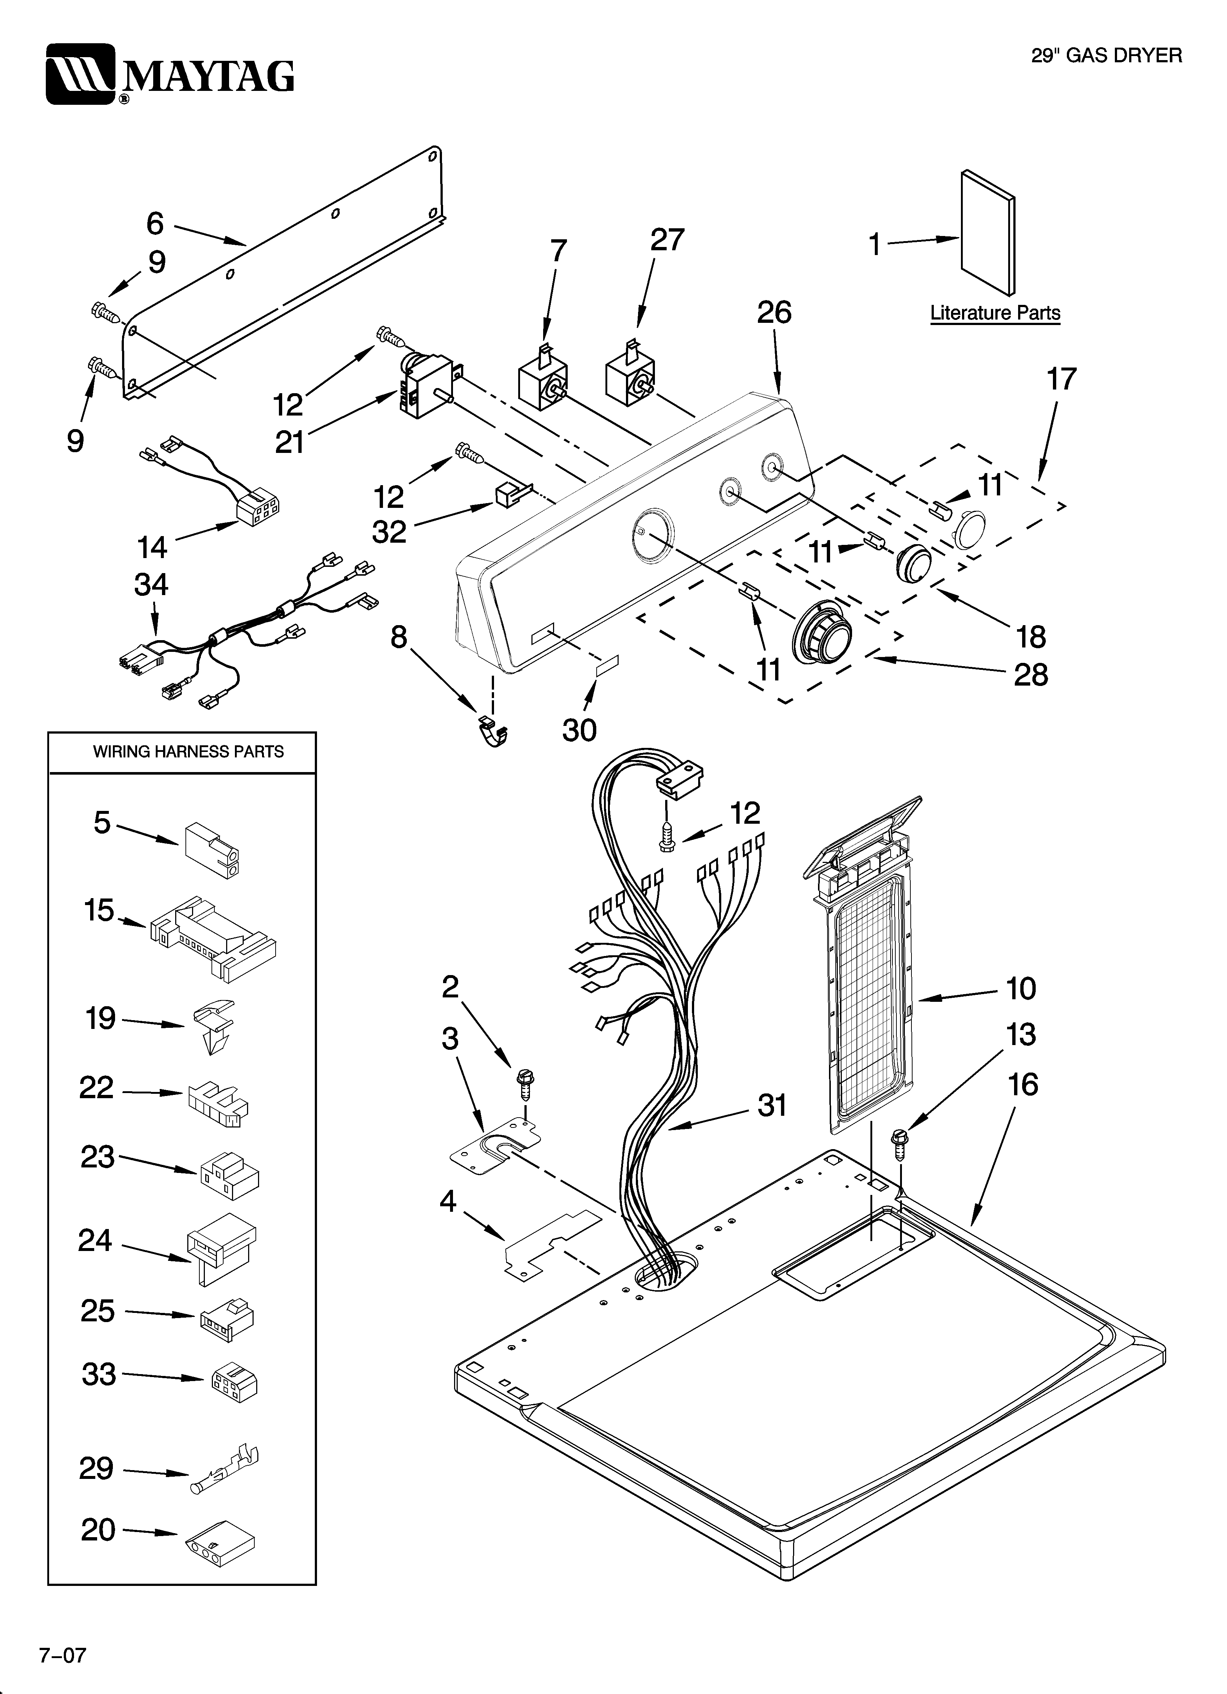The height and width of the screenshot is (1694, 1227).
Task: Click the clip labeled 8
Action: tap(493, 732)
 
